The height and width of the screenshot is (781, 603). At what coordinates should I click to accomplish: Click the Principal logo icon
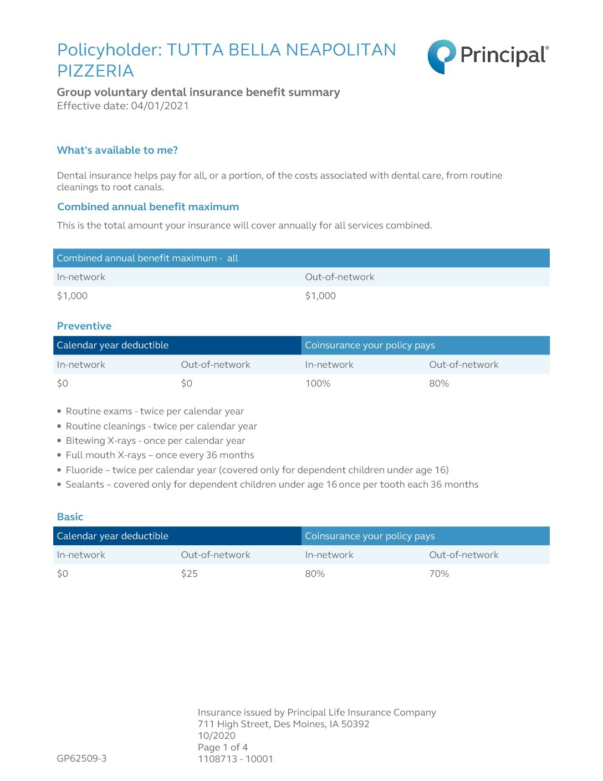(x=441, y=56)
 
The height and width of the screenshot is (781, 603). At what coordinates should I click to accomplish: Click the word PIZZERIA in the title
(x=95, y=71)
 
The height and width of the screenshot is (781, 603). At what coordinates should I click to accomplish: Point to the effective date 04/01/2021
(x=160, y=106)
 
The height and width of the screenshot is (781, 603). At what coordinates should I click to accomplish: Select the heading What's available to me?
(x=117, y=150)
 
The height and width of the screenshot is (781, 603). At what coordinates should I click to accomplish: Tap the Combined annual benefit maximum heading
(x=148, y=207)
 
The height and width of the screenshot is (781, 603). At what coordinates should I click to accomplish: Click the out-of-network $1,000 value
(x=320, y=296)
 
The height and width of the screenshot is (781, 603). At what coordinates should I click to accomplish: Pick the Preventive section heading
(x=84, y=326)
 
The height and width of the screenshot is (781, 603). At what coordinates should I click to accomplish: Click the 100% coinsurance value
(x=318, y=383)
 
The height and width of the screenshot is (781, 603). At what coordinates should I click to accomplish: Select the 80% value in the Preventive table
(x=439, y=383)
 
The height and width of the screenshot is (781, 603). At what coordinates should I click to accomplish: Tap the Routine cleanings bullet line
(x=161, y=426)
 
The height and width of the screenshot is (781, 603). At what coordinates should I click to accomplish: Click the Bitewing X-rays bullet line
(x=155, y=440)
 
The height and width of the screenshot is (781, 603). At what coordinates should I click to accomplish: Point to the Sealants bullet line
(x=272, y=484)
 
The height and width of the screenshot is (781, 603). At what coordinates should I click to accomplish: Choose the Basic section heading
(x=70, y=517)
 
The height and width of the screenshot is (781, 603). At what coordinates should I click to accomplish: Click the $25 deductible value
(x=190, y=574)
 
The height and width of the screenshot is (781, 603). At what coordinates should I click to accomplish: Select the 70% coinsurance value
(x=439, y=574)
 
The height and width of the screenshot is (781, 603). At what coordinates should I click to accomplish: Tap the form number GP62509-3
(x=81, y=758)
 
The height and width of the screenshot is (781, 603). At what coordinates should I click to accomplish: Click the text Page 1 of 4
(x=223, y=747)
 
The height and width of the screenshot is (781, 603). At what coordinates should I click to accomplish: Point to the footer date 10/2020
(x=217, y=736)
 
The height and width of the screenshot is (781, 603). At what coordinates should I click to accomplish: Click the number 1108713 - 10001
(x=236, y=759)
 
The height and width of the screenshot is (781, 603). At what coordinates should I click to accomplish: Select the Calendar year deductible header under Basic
(x=113, y=536)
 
